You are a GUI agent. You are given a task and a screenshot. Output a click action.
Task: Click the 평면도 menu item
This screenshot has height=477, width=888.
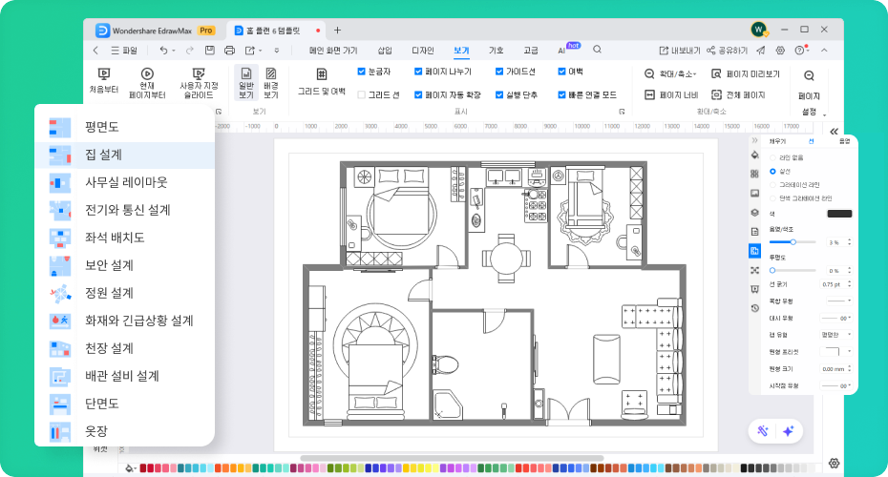[101, 126]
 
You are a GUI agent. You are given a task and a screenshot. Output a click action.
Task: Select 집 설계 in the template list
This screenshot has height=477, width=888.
[102, 154]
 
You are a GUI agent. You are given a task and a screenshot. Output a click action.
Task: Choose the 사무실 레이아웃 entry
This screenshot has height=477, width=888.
[125, 181]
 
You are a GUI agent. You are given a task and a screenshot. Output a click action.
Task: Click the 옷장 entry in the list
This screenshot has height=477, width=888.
[95, 431]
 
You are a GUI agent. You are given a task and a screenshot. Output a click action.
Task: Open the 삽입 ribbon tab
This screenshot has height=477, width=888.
[385, 50]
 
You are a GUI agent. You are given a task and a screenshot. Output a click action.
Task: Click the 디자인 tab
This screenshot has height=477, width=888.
[422, 50]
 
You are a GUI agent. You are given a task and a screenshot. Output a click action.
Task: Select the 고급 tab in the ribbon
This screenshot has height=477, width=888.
[531, 50]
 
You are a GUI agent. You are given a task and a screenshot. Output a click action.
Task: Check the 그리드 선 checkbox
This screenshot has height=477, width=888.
[362, 94]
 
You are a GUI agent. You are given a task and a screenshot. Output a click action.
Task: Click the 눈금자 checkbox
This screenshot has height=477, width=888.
[362, 72]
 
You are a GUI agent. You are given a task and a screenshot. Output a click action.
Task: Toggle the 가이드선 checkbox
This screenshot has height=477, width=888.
[499, 72]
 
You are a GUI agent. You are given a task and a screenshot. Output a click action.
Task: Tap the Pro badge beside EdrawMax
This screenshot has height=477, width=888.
[205, 31]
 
